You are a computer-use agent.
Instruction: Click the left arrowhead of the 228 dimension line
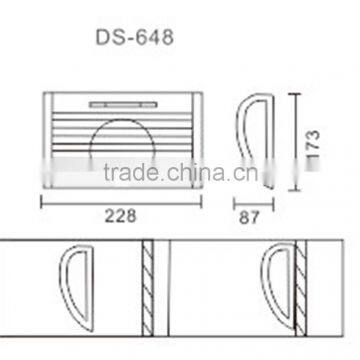[x=43, y=198]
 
